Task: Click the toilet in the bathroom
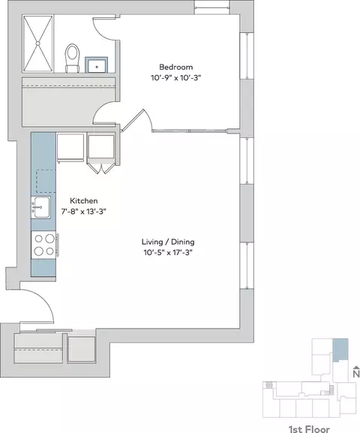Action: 72,59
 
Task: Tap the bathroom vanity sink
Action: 96,65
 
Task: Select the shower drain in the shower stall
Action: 37,43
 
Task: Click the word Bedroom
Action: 176,67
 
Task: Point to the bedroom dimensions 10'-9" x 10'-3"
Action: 175,78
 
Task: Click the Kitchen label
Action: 84,201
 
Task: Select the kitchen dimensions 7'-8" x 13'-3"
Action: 84,212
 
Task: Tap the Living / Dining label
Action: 168,242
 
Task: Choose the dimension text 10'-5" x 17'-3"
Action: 168,252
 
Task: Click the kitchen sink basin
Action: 40,207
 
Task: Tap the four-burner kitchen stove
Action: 43,245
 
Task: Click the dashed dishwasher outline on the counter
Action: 46,181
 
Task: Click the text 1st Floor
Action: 309,428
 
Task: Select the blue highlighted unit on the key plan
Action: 340,350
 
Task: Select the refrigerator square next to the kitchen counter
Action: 70,147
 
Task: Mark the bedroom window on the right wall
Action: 247,56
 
